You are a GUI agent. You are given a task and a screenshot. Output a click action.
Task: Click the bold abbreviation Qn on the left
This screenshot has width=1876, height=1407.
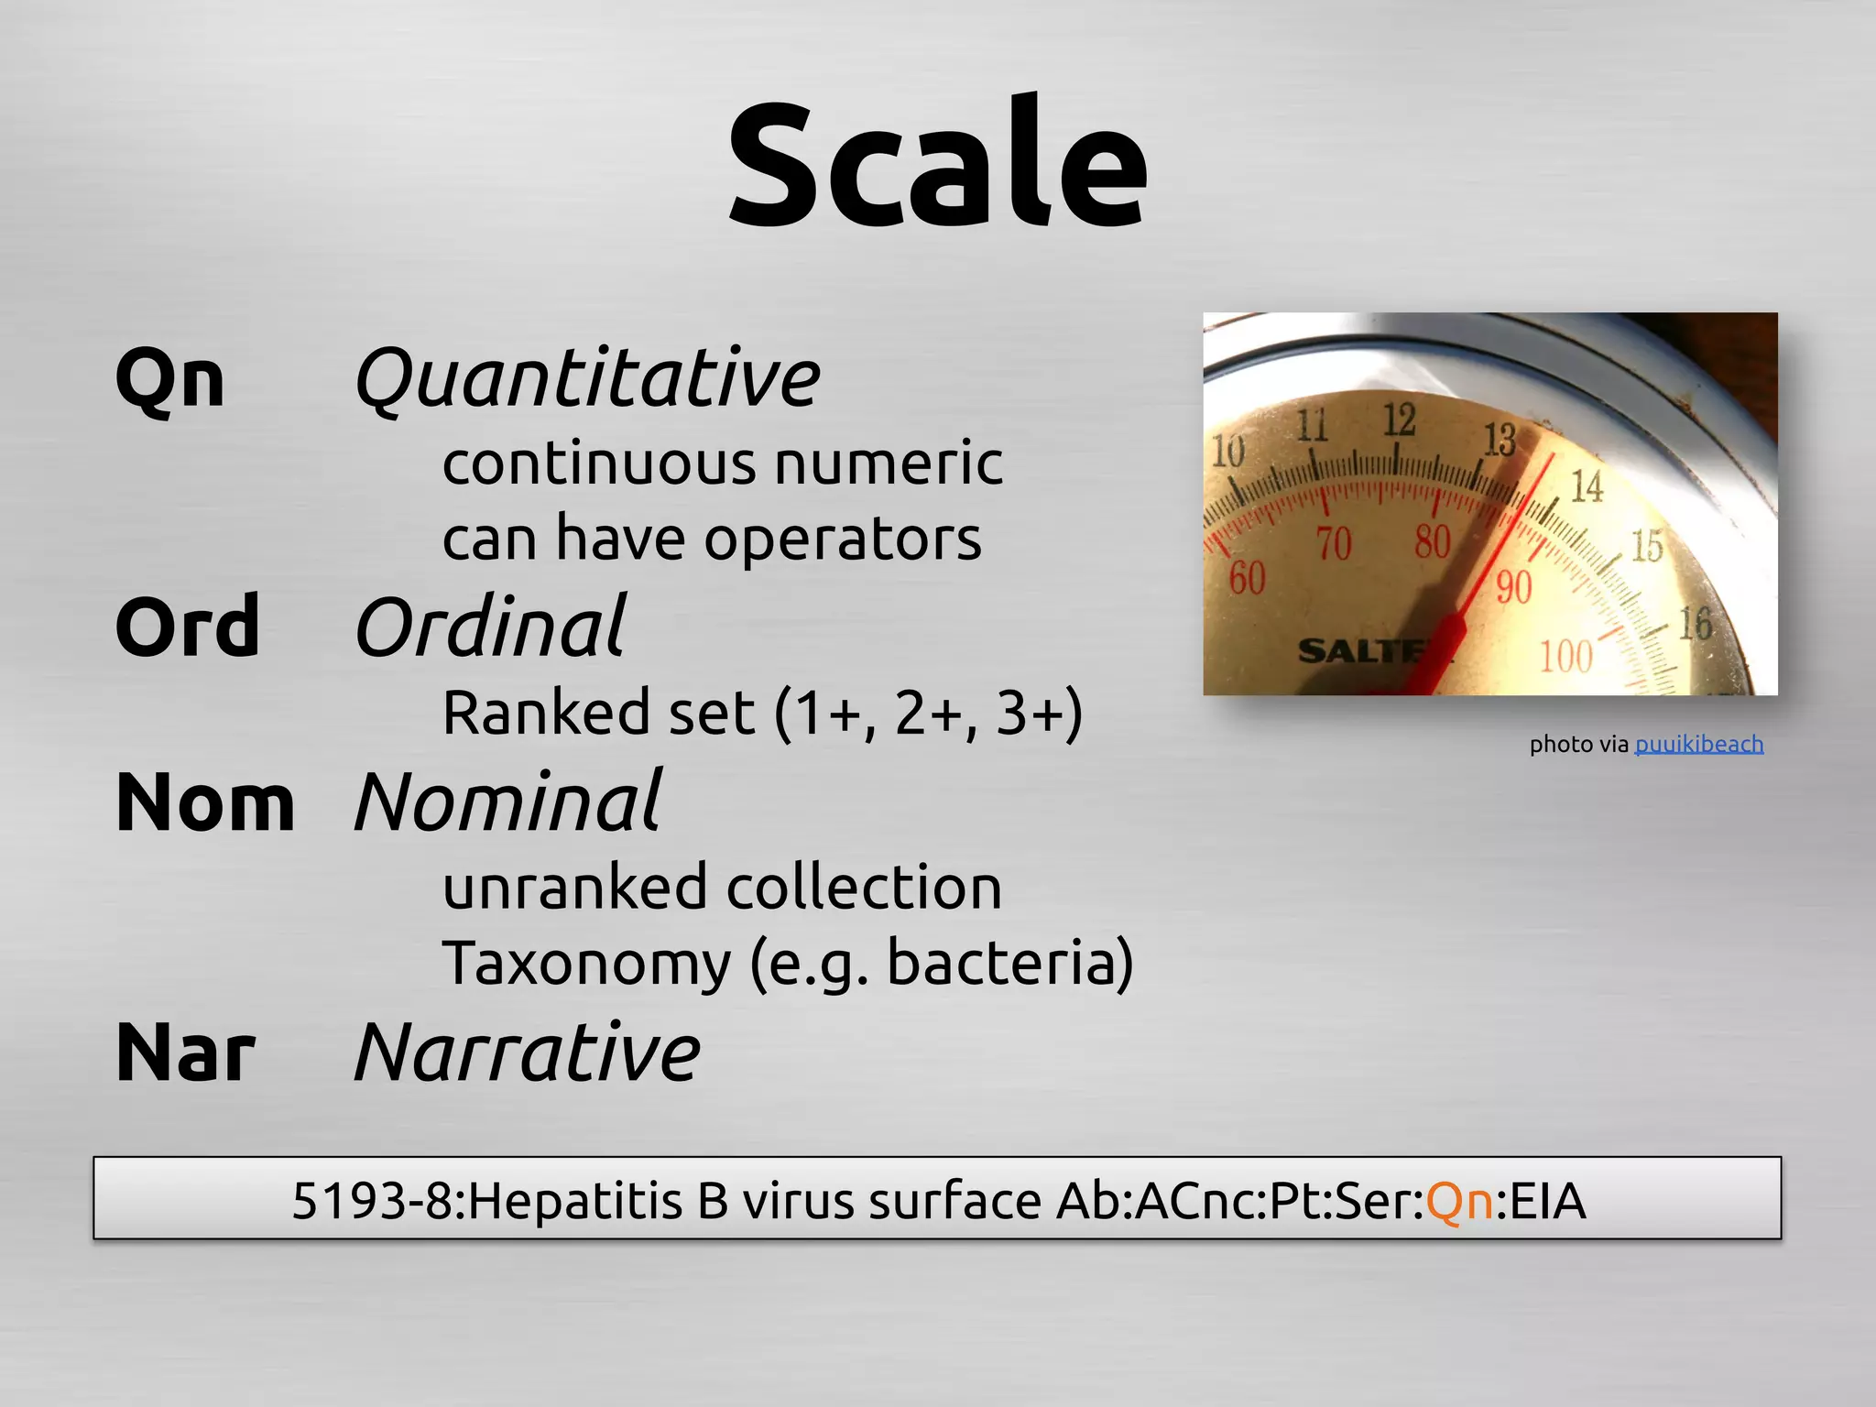[170, 380]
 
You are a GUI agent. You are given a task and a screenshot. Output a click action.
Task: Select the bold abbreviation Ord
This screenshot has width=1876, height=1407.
[188, 627]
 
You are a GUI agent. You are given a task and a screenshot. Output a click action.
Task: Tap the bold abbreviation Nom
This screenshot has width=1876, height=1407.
[205, 803]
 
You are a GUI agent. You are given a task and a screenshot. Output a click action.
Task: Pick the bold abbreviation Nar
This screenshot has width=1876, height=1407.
[185, 1053]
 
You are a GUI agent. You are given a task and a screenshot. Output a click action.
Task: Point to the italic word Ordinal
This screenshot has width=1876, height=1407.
[490, 627]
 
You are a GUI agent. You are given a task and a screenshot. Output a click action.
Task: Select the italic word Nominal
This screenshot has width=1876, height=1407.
[507, 803]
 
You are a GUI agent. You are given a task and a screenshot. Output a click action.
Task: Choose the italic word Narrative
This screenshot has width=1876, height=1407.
[527, 1053]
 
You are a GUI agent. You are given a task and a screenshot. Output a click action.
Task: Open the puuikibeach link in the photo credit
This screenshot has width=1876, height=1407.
[1698, 744]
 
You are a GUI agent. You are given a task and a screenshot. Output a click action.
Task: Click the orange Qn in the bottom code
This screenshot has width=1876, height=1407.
[1460, 1200]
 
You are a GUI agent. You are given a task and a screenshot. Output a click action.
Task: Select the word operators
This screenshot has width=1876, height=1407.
[843, 539]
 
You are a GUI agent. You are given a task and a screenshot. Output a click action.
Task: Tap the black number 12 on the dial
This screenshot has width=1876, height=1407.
[1399, 420]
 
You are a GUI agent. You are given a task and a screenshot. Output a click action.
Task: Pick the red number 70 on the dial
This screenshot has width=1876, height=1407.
[1334, 544]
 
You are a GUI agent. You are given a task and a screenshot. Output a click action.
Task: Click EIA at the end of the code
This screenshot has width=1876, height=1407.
[1547, 1200]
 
